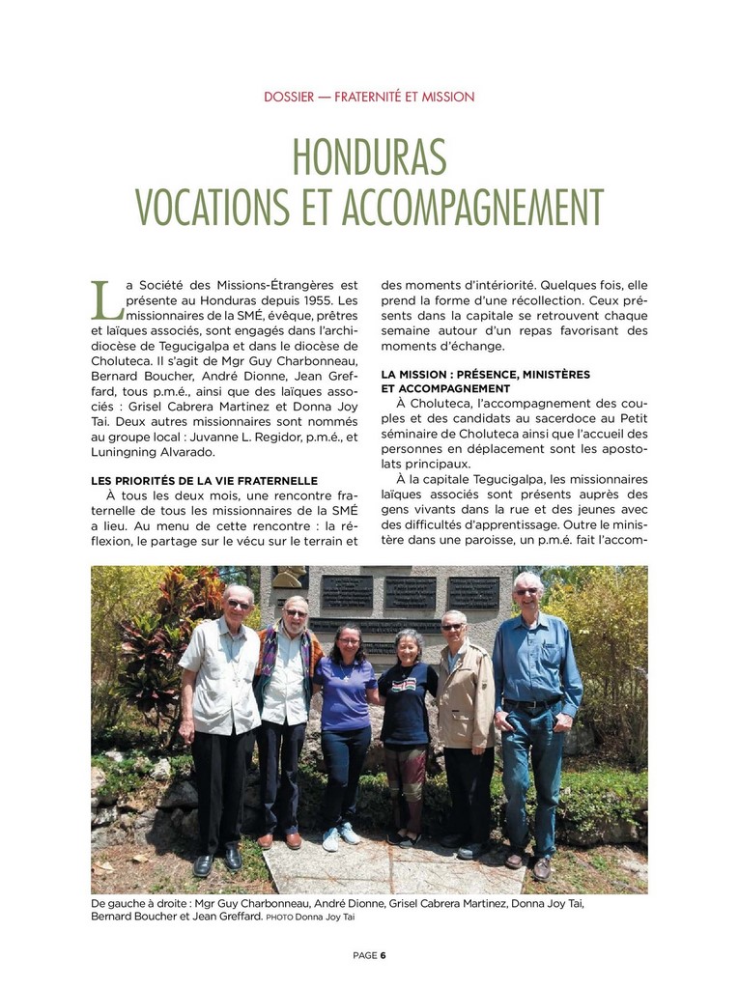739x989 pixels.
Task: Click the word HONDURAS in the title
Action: click(x=369, y=156)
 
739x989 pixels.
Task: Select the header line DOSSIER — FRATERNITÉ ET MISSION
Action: click(x=369, y=97)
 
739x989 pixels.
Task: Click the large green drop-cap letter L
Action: click(x=104, y=300)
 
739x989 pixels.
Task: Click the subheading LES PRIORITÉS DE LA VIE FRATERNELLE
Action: click(x=204, y=480)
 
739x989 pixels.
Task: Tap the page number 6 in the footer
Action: click(x=383, y=955)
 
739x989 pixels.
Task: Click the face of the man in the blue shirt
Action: click(x=527, y=591)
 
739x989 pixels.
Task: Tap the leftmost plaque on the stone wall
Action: click(x=346, y=590)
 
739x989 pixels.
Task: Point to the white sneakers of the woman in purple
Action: click(x=340, y=836)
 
